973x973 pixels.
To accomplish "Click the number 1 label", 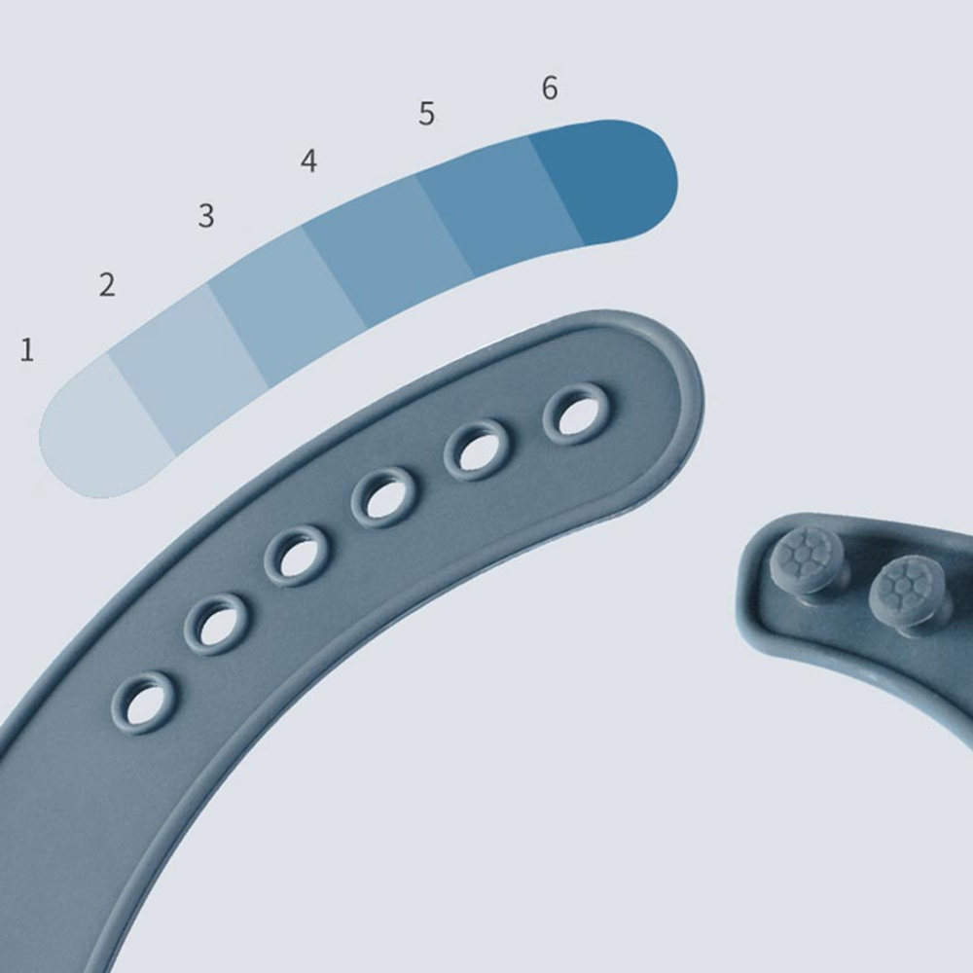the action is coord(26,350).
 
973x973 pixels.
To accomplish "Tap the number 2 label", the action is coord(107,285).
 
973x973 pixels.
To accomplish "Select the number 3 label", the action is coord(206,215).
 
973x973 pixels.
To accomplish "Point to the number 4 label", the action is coord(309,161).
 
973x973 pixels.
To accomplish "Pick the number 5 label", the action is coord(426,114).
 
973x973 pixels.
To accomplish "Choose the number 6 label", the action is coord(550,88).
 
